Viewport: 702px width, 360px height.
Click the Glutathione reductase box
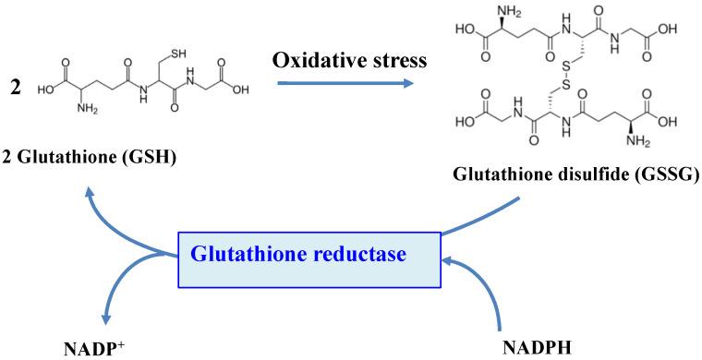click(x=311, y=252)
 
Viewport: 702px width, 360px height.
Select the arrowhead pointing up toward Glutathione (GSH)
click(x=89, y=191)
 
